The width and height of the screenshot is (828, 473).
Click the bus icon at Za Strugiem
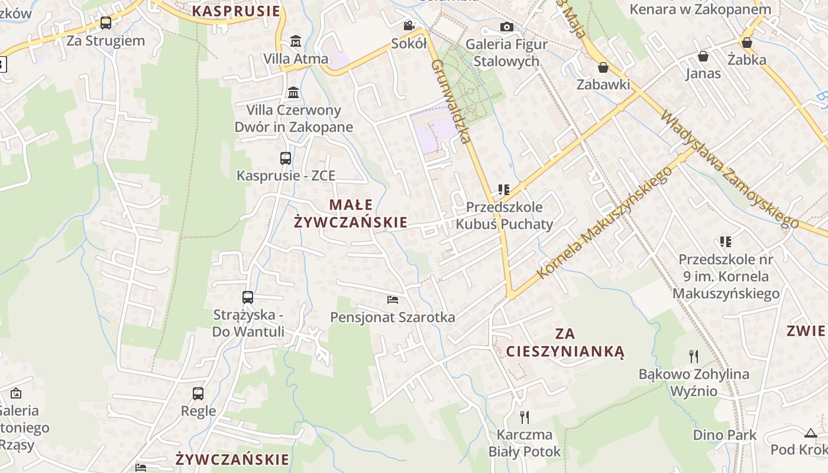click(106, 23)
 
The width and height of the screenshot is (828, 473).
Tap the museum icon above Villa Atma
click(296, 41)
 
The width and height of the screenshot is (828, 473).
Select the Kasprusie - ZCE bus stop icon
click(286, 158)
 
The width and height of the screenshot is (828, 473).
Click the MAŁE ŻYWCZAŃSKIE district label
click(351, 213)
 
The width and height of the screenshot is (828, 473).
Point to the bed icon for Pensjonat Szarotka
click(392, 300)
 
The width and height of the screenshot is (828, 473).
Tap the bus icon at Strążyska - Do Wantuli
click(248, 297)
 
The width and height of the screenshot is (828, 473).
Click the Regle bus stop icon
click(198, 393)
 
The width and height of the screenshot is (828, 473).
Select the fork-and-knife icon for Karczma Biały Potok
click(524, 417)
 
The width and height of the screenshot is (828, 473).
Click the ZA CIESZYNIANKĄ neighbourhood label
click(565, 343)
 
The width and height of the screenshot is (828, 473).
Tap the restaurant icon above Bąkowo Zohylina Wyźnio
click(694, 357)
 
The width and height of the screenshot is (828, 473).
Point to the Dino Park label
click(724, 435)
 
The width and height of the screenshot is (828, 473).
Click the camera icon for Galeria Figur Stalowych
click(506, 27)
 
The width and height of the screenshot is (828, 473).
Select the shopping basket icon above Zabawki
click(603, 67)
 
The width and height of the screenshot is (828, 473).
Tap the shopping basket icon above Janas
click(703, 56)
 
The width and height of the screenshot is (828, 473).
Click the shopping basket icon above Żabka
click(747, 43)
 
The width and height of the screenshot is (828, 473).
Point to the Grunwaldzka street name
click(451, 101)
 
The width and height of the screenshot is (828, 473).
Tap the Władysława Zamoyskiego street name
click(730, 169)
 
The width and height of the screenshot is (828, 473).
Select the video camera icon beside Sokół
click(409, 25)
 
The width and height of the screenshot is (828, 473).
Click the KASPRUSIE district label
click(236, 11)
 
